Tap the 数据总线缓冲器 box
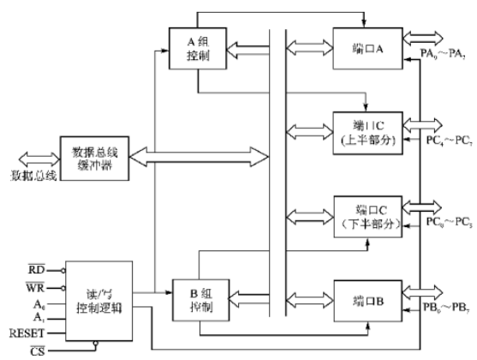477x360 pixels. [x=94, y=158]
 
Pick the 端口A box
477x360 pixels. [x=366, y=49]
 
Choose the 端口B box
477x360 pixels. [x=366, y=303]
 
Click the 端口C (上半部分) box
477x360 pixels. [x=366, y=131]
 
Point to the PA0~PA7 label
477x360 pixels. [x=445, y=56]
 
